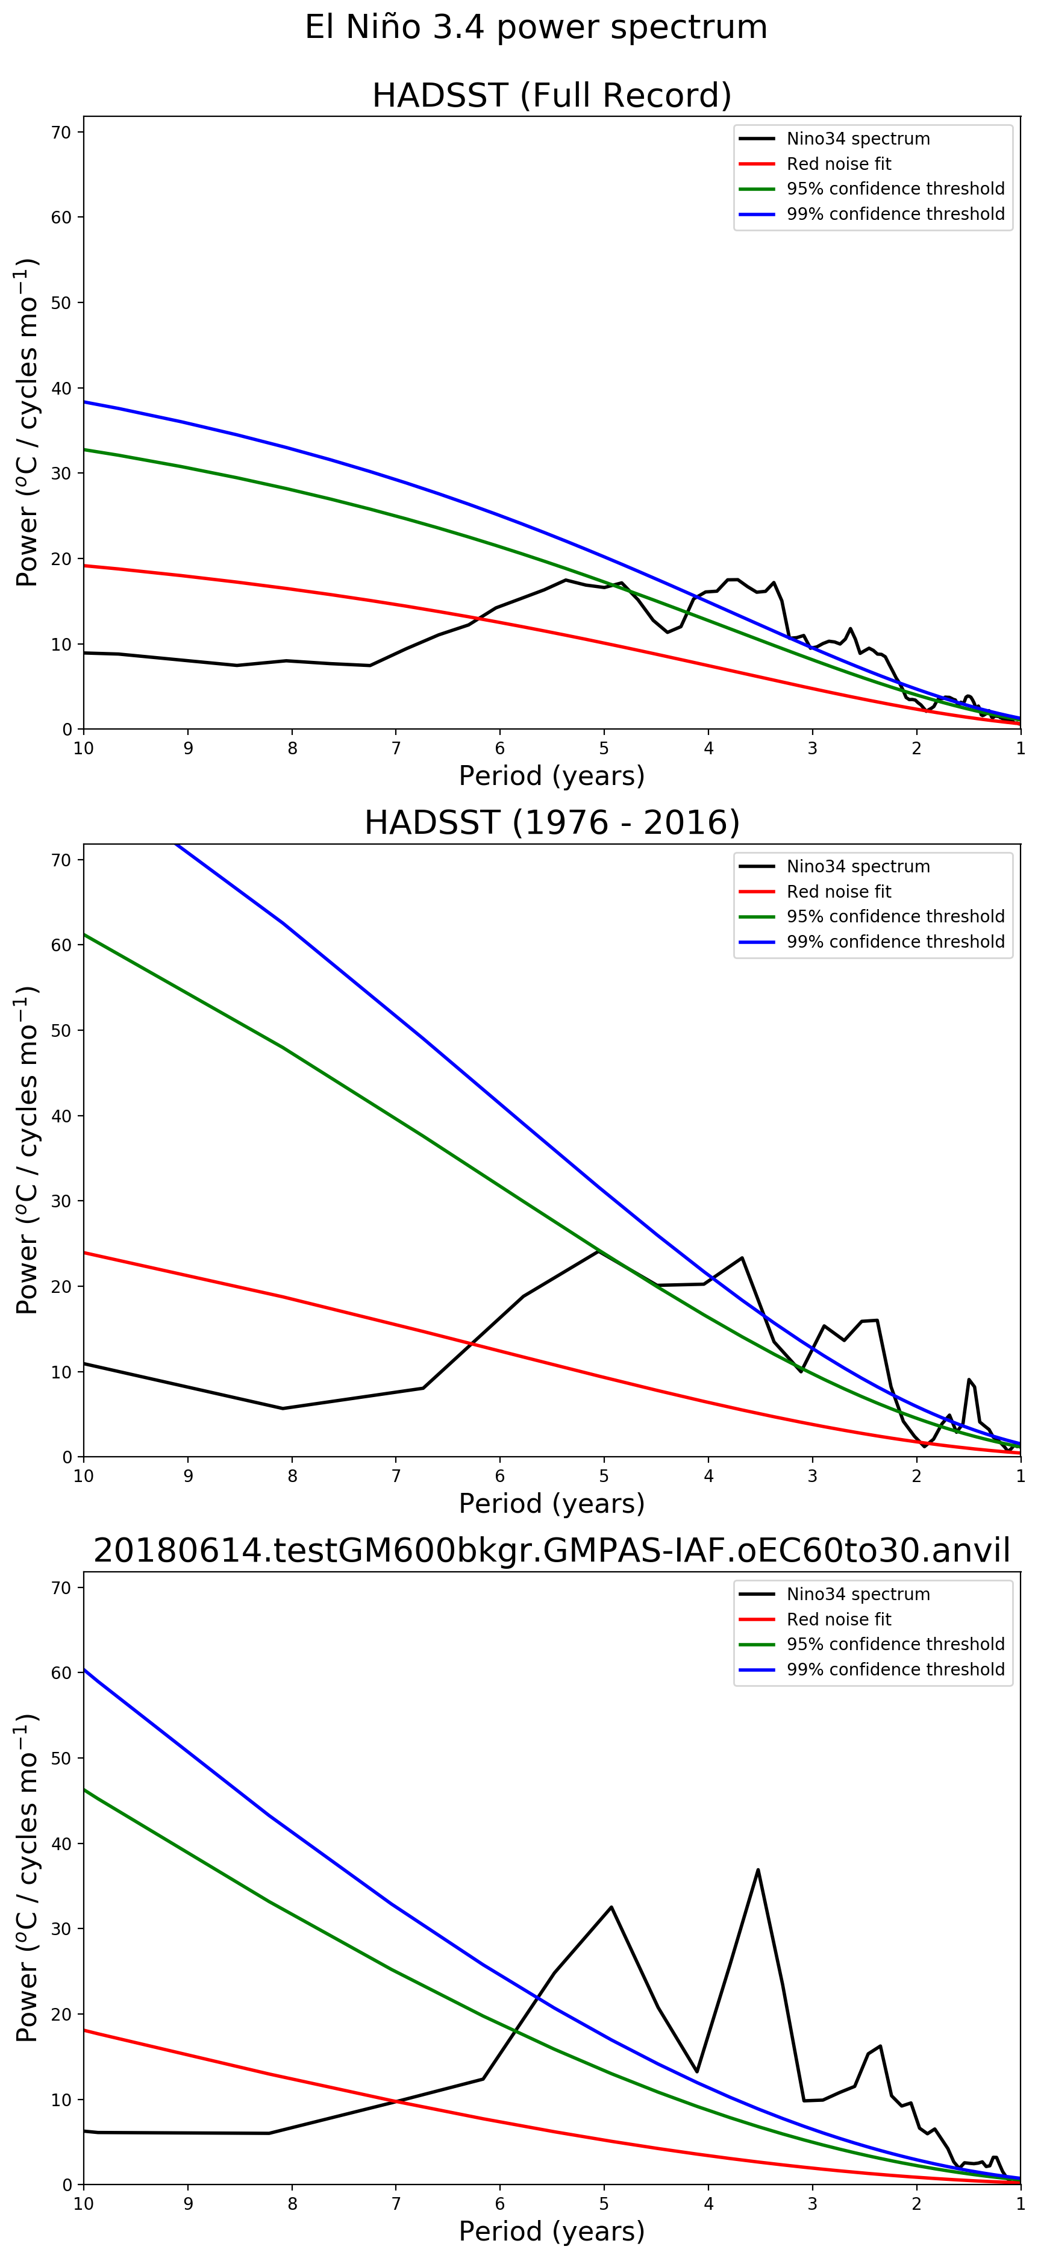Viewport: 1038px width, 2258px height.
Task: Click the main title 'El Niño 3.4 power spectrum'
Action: [536, 27]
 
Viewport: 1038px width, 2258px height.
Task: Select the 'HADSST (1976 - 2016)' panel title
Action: [551, 823]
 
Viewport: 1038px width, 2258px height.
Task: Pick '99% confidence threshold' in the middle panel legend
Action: [895, 942]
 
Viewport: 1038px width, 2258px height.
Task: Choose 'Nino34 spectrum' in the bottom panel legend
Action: [857, 1595]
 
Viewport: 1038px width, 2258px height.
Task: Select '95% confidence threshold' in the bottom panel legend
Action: [895, 1645]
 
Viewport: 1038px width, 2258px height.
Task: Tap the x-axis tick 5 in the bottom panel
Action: [604, 2204]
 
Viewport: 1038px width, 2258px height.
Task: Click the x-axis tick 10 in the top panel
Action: [83, 749]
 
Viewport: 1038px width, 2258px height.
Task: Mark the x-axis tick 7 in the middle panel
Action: [396, 1476]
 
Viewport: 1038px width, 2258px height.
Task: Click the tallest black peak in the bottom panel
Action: [757, 1869]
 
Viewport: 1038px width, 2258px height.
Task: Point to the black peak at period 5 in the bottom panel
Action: [611, 1907]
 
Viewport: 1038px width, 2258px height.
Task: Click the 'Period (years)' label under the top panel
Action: [551, 776]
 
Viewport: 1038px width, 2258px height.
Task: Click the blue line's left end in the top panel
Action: [85, 401]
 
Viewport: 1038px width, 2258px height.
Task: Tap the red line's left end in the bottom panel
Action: [85, 2031]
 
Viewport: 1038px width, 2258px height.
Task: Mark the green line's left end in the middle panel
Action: [85, 934]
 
